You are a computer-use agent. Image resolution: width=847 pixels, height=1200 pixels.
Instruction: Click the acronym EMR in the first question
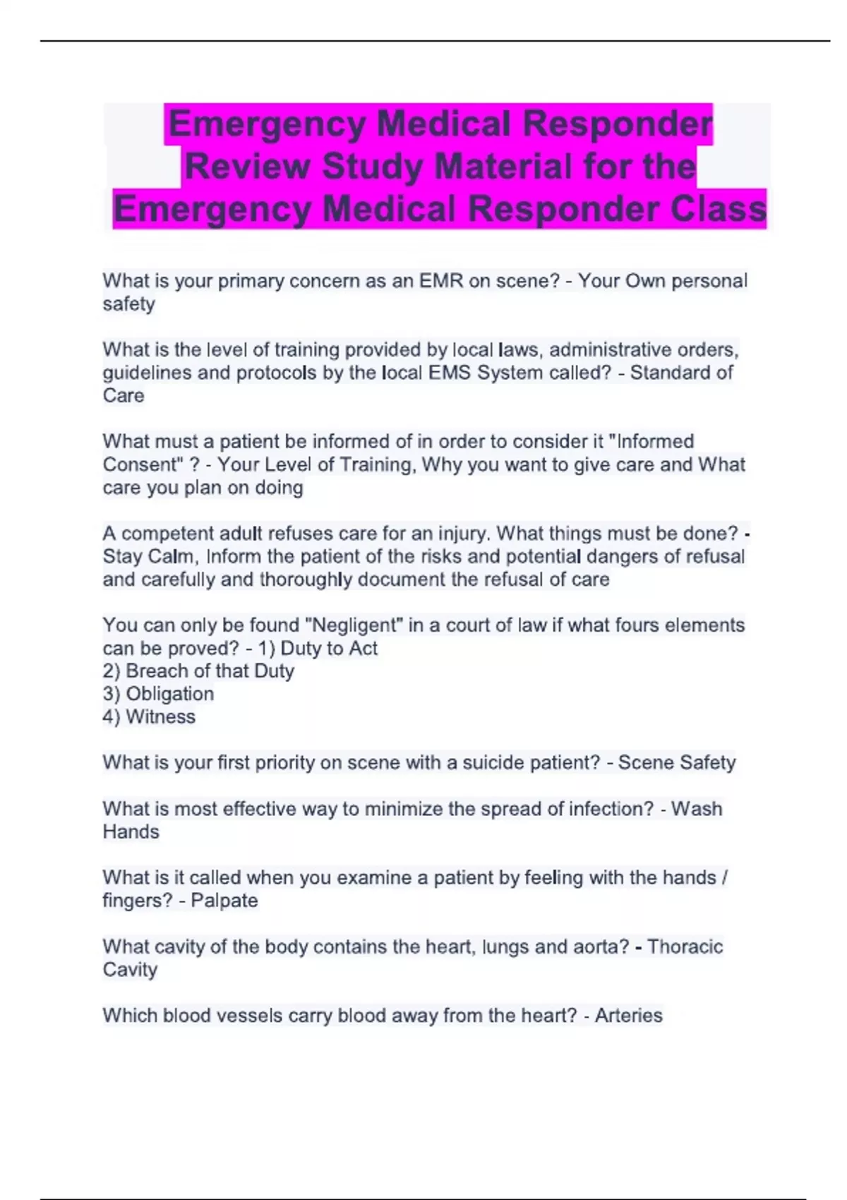(x=441, y=281)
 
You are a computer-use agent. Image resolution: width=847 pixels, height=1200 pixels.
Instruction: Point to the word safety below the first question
(x=128, y=304)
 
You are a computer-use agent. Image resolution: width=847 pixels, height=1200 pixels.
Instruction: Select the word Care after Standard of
(x=124, y=395)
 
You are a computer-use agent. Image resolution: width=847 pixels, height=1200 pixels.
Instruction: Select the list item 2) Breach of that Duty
(x=198, y=671)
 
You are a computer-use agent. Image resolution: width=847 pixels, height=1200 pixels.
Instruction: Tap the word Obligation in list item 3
(x=169, y=694)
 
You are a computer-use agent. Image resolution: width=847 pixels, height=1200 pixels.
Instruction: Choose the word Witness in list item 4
(x=160, y=716)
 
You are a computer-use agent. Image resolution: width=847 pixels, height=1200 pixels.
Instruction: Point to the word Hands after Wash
(x=131, y=832)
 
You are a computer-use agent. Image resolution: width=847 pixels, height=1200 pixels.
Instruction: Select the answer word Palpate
(x=224, y=901)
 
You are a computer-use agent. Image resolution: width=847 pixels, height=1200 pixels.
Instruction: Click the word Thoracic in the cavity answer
(x=685, y=947)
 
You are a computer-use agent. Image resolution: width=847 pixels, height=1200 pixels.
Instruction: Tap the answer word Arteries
(x=628, y=1015)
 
